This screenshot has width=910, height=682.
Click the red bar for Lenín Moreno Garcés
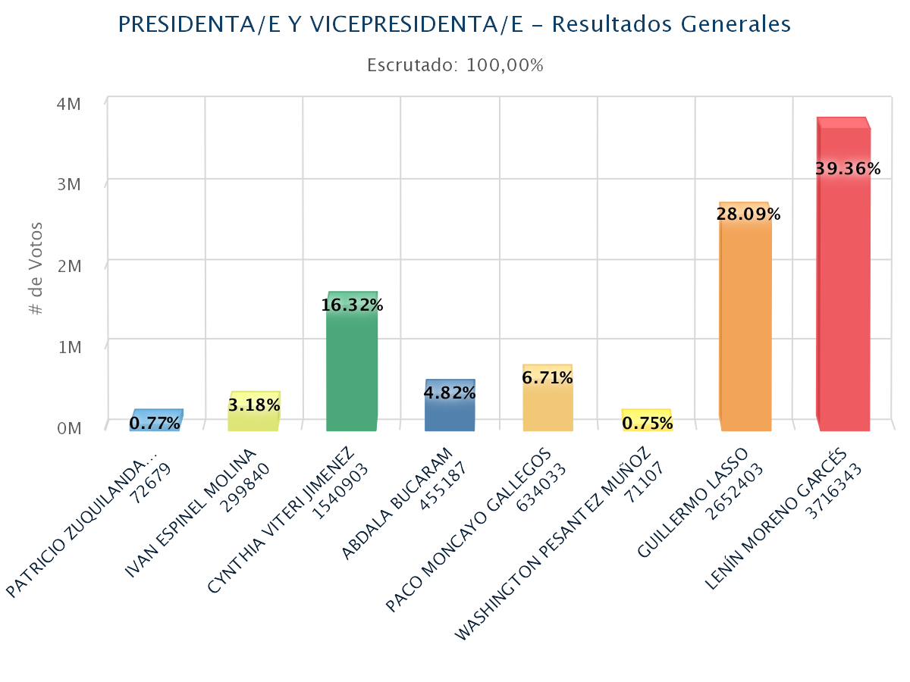tap(843, 303)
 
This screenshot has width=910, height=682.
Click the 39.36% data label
tap(848, 169)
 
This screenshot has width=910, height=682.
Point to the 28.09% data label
tap(748, 214)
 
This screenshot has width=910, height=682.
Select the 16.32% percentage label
tap(352, 305)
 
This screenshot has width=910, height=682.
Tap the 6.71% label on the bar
tap(548, 377)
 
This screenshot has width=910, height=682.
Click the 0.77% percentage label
tap(155, 423)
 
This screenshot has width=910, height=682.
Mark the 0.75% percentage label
tap(648, 423)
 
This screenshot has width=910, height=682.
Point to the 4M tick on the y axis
tap(69, 103)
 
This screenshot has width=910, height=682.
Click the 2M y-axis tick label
tap(69, 265)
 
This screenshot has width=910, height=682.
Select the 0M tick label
tap(69, 428)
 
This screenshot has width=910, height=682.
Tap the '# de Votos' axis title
tap(36, 269)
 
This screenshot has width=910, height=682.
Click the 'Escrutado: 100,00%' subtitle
tap(455, 65)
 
